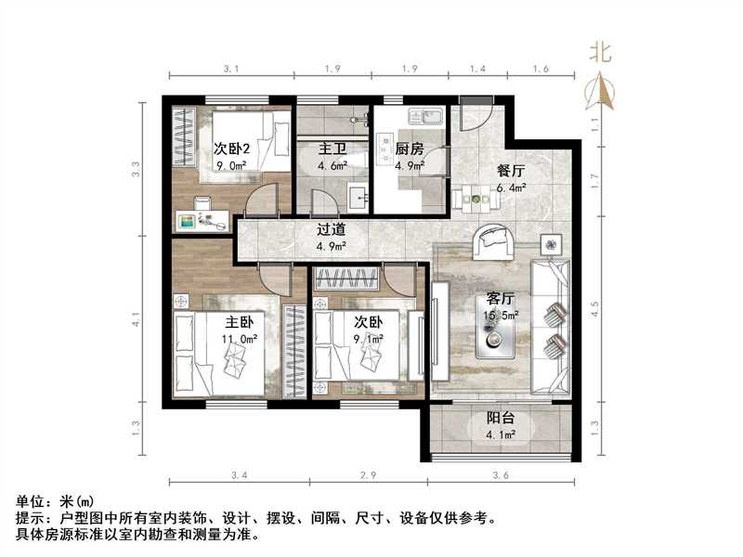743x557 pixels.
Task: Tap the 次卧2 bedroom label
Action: [x=233, y=149]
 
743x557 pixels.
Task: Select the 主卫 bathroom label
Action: [x=333, y=149]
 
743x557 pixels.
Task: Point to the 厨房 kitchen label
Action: [x=410, y=149]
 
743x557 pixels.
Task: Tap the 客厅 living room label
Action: [x=502, y=299]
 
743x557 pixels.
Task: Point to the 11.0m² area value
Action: [x=240, y=339]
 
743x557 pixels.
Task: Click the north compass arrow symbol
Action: [x=602, y=89]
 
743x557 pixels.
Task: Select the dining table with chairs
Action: [x=475, y=196]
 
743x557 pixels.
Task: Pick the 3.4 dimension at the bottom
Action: [x=238, y=476]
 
